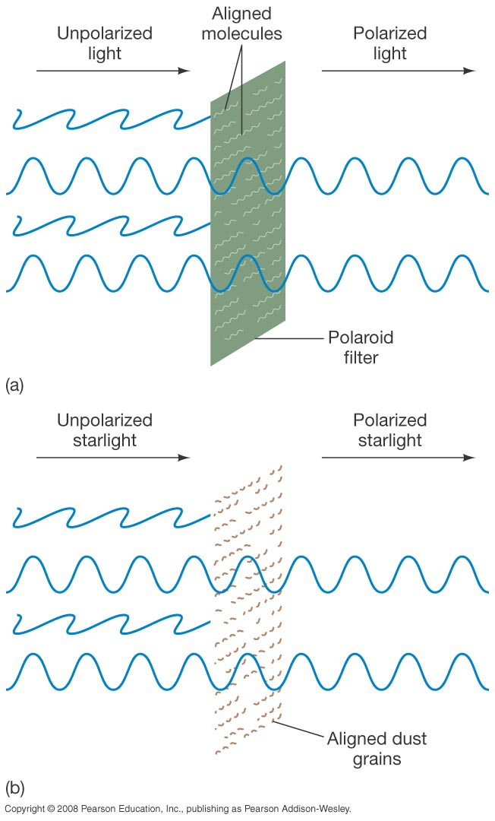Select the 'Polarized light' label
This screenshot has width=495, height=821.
coord(389,43)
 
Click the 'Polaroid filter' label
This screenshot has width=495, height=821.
coord(361,346)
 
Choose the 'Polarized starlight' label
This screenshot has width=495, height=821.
coord(389,430)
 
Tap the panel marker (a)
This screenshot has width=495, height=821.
coord(14,385)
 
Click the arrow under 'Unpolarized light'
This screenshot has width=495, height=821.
coord(112,71)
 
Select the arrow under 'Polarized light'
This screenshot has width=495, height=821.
coord(398,71)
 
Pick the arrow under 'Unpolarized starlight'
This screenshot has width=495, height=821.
coord(112,458)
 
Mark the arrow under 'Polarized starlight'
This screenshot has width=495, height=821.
coord(398,458)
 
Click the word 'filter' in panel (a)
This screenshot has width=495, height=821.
coord(361,356)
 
